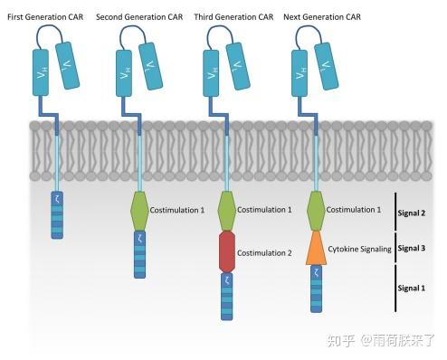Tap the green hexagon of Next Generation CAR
[x=315, y=210]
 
